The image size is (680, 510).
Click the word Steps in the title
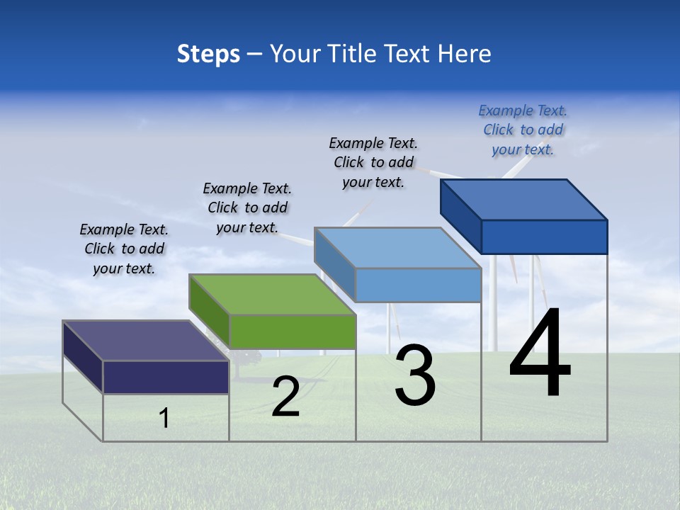click(x=208, y=54)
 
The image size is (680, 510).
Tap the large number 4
click(x=540, y=354)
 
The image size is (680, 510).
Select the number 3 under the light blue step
click(x=415, y=375)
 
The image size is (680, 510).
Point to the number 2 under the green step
click(x=285, y=397)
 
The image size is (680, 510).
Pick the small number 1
click(x=164, y=418)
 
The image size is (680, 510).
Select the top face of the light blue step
click(x=397, y=248)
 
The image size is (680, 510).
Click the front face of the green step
click(x=293, y=331)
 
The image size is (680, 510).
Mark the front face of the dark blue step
click(x=544, y=237)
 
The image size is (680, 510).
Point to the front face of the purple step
click(x=166, y=377)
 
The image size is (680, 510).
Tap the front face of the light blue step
click(x=418, y=285)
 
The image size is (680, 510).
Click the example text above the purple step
click(x=124, y=249)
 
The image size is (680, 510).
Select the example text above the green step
click(x=247, y=208)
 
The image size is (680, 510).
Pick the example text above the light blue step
click(x=373, y=162)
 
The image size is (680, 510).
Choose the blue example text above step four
click(x=523, y=130)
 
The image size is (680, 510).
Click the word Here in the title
click(x=465, y=54)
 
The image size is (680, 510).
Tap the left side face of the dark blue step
click(x=460, y=212)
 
